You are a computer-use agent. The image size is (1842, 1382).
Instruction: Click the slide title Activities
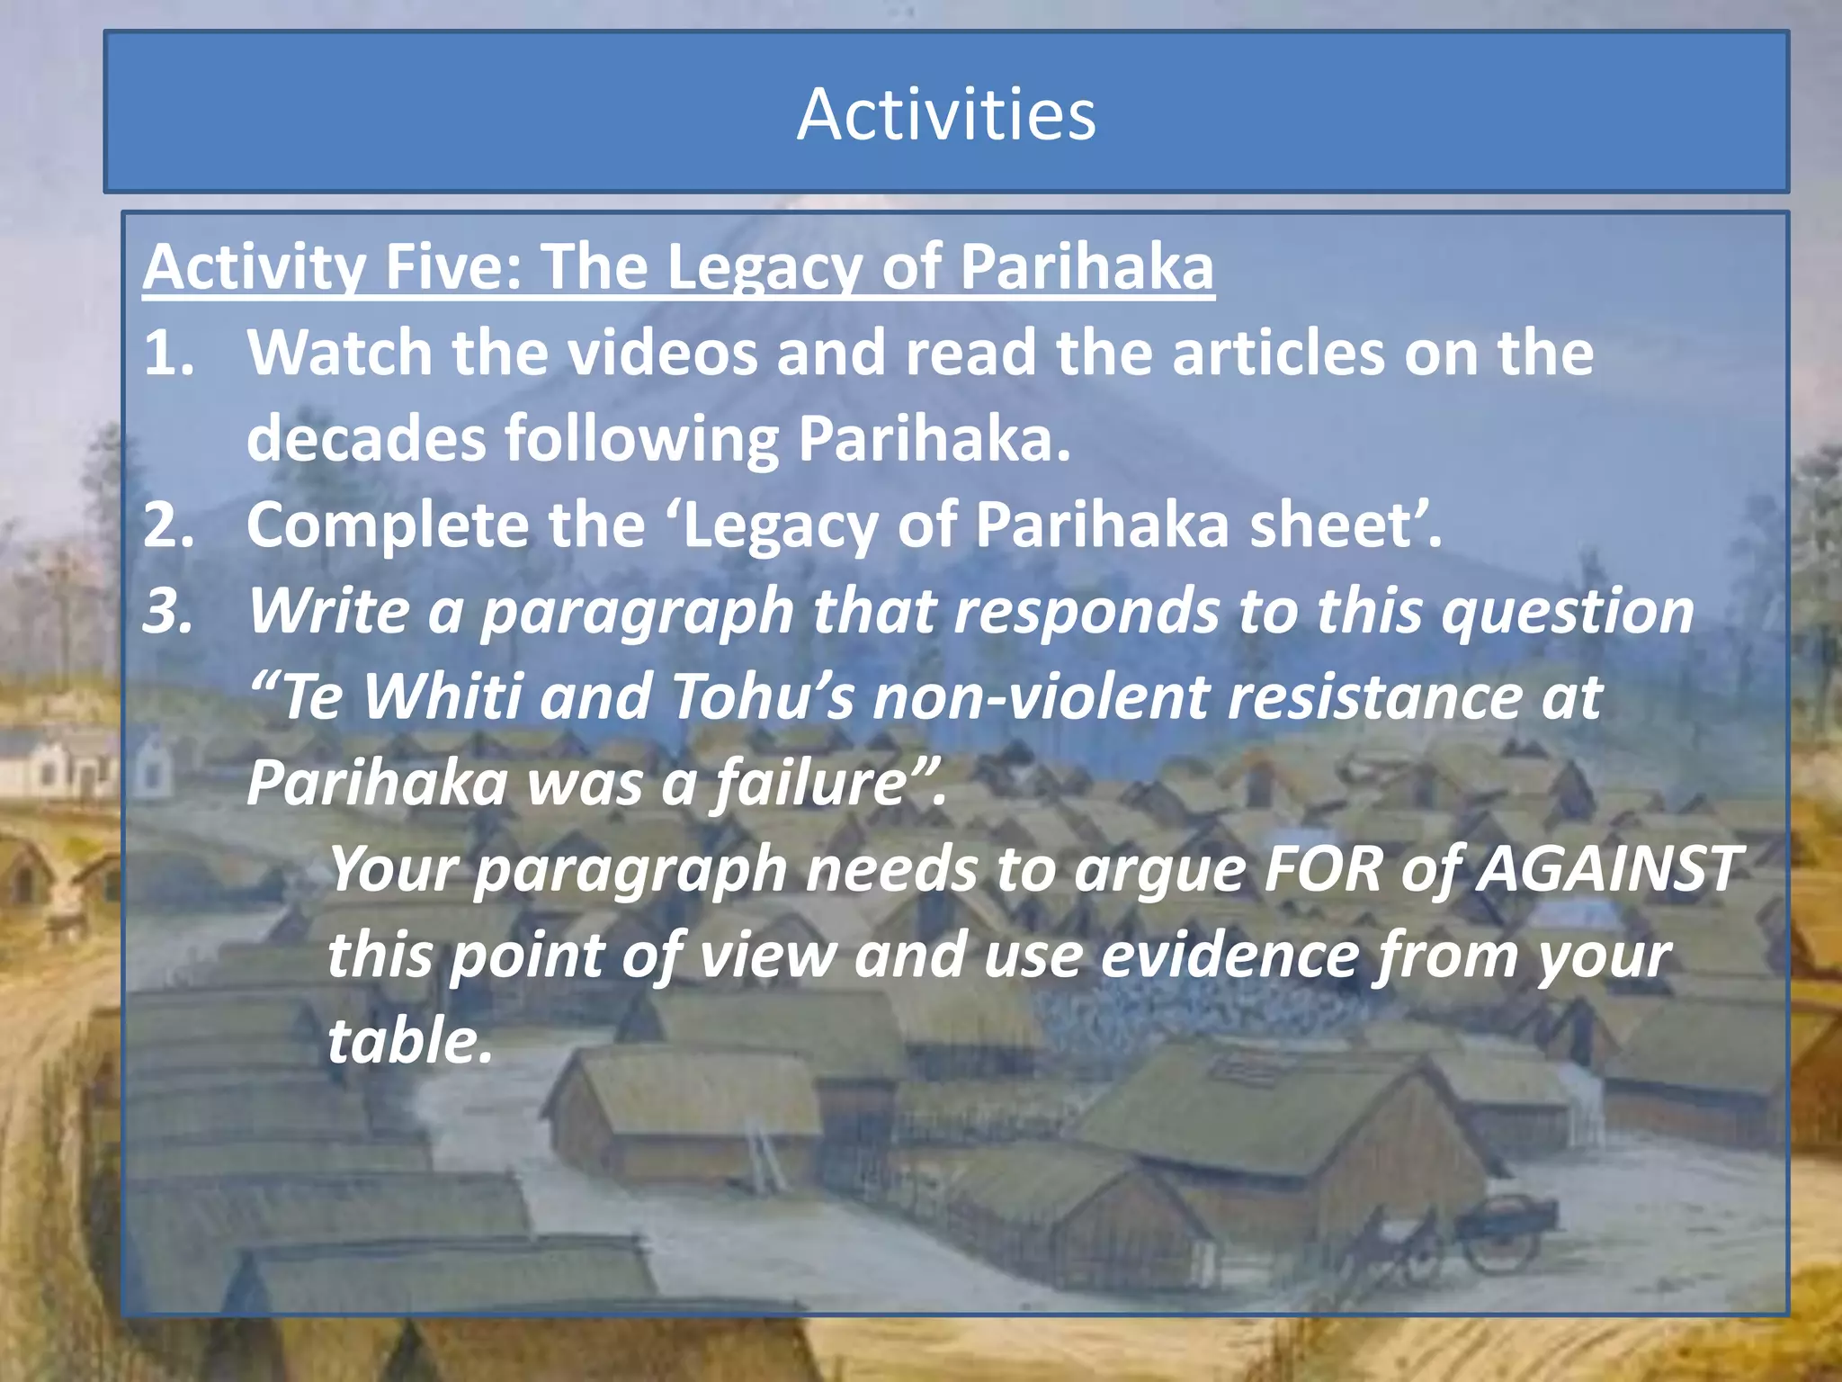(x=946, y=114)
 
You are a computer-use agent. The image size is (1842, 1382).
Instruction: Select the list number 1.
(x=168, y=353)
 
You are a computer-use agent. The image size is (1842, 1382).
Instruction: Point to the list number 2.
(x=168, y=525)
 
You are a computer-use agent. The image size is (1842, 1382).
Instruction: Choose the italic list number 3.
(x=168, y=612)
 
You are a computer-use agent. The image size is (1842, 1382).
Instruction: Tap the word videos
(x=663, y=353)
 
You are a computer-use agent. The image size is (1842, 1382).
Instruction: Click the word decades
(x=365, y=439)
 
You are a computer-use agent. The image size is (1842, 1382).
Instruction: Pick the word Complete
(x=388, y=525)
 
